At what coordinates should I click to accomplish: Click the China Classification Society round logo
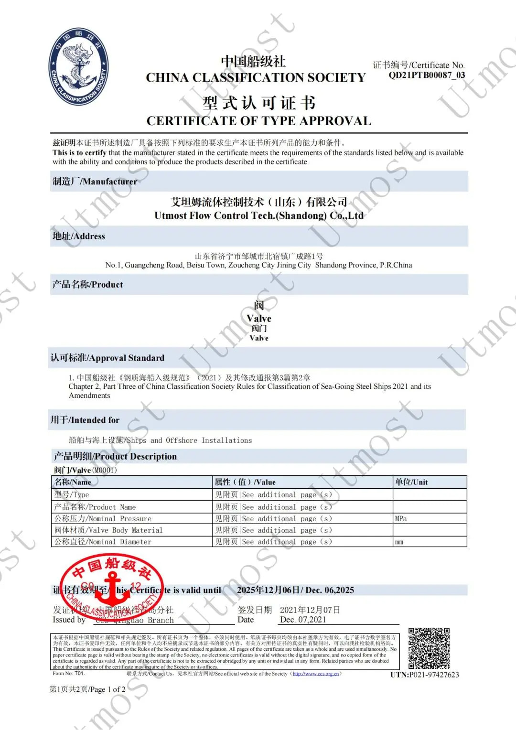[79, 66]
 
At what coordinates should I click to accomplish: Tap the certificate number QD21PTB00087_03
[426, 75]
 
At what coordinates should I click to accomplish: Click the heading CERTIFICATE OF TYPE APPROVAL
[258, 121]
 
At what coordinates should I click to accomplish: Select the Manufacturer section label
[95, 182]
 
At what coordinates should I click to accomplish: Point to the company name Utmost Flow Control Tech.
[258, 215]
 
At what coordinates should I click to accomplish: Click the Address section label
[78, 236]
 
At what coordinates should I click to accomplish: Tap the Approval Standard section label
[107, 358]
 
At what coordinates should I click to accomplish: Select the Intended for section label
[85, 420]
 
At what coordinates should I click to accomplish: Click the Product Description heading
[115, 456]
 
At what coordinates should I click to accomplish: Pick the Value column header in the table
[245, 482]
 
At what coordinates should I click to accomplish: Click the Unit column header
[411, 482]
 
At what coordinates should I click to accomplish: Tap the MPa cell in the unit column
[401, 519]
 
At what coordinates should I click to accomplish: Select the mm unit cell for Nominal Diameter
[399, 542]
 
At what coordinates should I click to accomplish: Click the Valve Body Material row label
[108, 530]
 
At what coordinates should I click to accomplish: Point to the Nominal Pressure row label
[103, 519]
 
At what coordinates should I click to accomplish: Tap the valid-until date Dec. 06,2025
[330, 590]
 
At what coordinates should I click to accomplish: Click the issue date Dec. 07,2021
[303, 620]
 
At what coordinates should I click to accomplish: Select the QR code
[429, 648]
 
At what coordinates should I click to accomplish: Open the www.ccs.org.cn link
[316, 674]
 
